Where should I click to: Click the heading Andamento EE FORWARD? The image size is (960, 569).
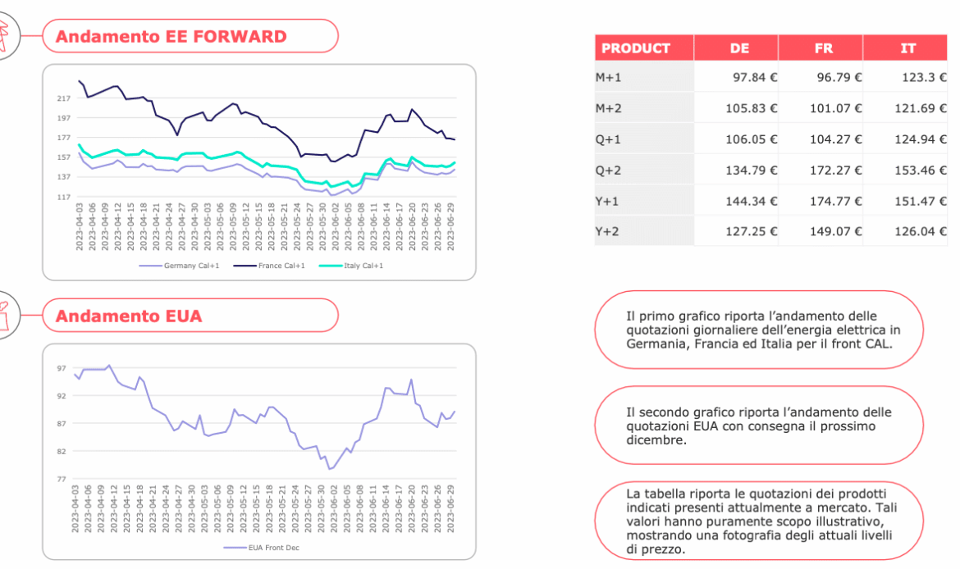171,37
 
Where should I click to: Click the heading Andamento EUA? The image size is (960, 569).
129,316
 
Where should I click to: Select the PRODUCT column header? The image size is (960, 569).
636,48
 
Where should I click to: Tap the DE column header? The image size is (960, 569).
739,48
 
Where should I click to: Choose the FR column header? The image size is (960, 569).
824,48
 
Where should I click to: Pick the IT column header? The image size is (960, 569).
908,48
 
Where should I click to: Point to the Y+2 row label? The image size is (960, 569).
608,231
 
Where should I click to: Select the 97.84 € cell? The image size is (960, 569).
751,77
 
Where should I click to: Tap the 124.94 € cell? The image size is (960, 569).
920,139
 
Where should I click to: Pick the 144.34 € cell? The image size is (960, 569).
751,201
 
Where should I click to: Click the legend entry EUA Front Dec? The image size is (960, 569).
271,548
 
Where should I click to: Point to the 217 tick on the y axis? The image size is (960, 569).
63,98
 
